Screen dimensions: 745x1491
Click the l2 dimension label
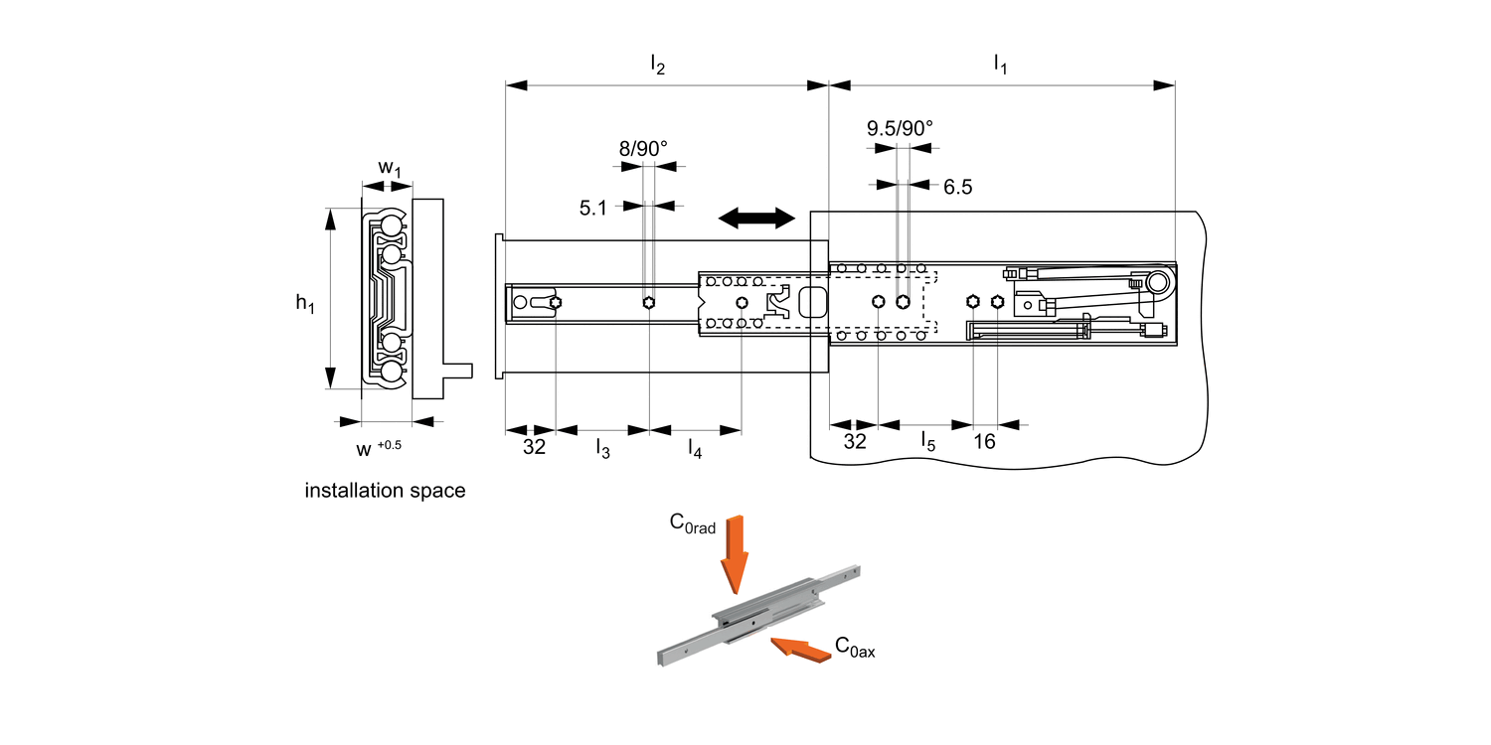tap(657, 66)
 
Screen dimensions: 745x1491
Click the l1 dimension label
tap(1000, 66)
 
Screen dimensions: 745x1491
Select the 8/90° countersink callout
tap(643, 148)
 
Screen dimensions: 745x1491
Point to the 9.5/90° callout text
tap(900, 128)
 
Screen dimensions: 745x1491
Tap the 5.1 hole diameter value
tap(592, 208)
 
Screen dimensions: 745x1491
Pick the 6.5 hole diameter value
tap(957, 187)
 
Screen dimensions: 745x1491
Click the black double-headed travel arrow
tap(756, 217)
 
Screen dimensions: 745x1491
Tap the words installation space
tap(385, 491)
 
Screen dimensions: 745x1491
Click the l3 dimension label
tap(602, 447)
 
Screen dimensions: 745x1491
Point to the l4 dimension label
tap(695, 449)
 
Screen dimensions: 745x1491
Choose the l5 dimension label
tap(927, 441)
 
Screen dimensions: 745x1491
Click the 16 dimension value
tap(984, 442)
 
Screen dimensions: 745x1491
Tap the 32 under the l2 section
tap(534, 447)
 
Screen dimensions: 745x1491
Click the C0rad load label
tap(692, 524)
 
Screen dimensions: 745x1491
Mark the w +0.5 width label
tap(379, 448)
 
